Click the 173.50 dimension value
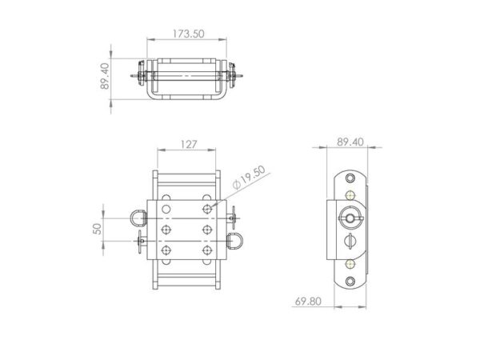[188, 34]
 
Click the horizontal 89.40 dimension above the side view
[350, 142]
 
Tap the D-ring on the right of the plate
[237, 238]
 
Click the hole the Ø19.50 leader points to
[207, 208]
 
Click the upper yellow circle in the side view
[351, 194]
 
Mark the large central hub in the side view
[350, 218]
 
